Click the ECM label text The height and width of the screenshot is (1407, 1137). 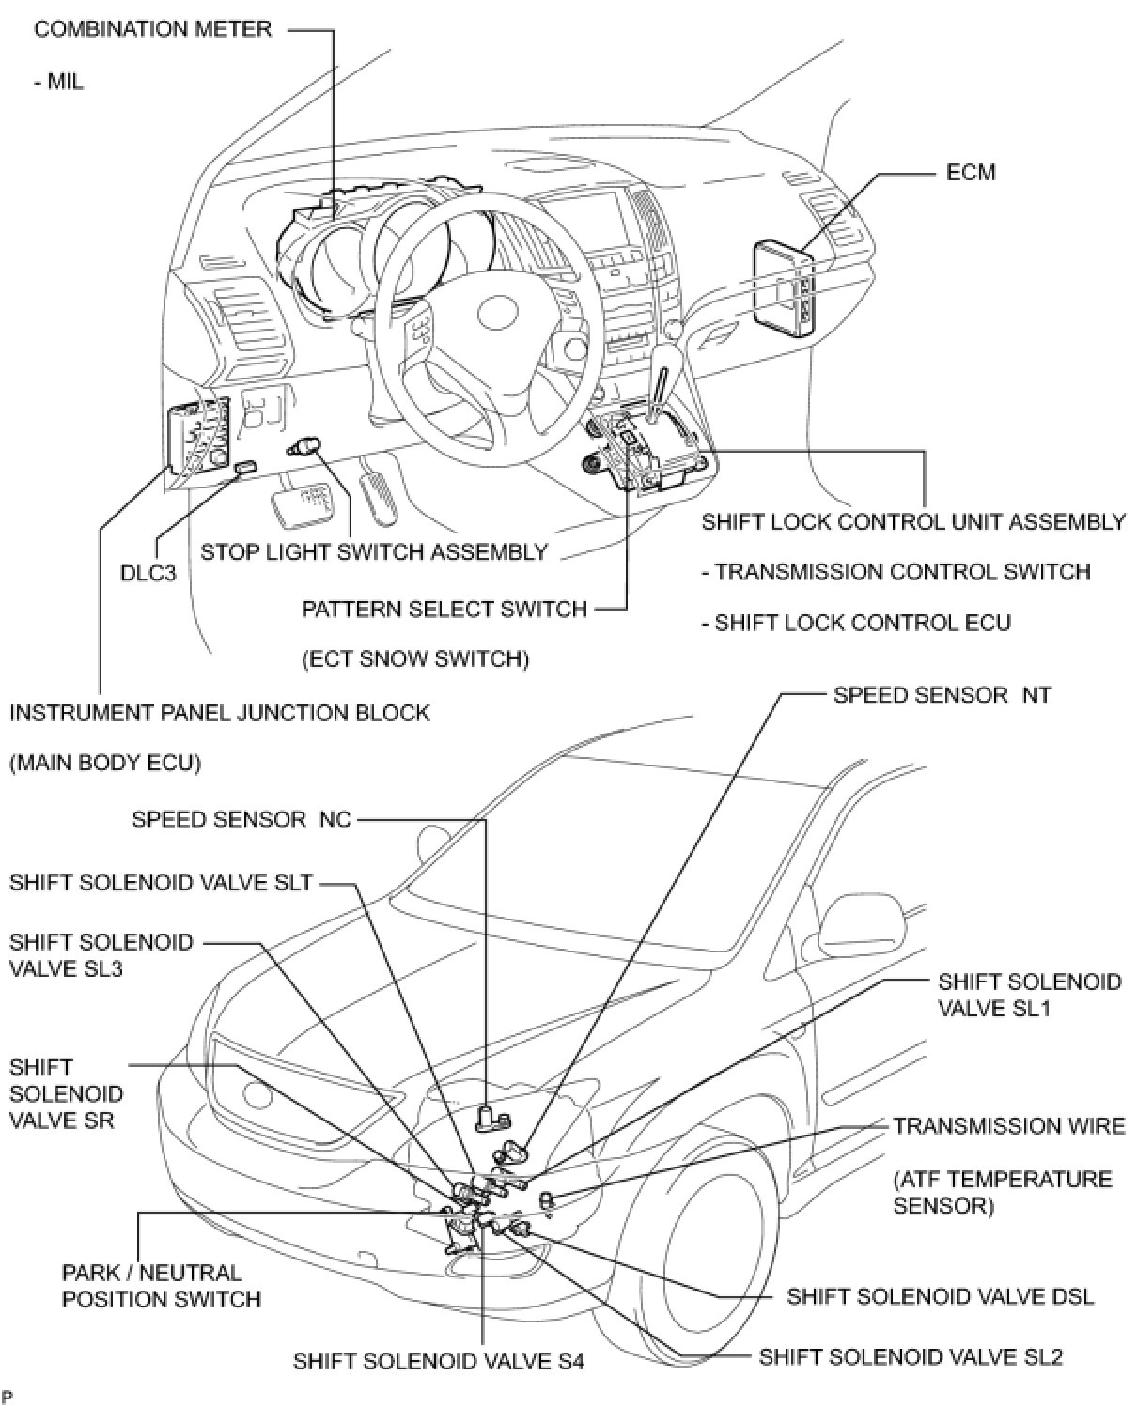tap(971, 173)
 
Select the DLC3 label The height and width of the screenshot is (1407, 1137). tap(148, 572)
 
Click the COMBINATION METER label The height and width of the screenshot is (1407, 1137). tap(152, 29)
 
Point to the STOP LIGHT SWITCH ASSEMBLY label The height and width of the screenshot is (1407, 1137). tap(374, 551)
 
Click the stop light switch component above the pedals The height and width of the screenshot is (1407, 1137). tap(305, 445)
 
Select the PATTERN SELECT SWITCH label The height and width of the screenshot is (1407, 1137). tap(444, 609)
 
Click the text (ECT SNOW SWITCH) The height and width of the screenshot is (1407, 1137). tap(415, 659)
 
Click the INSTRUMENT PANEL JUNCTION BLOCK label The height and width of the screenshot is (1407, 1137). tap(219, 713)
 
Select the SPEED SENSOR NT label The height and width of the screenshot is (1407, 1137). tap(942, 695)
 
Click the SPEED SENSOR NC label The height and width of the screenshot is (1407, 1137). tap(241, 819)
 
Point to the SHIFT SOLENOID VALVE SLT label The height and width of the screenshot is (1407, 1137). tap(161, 883)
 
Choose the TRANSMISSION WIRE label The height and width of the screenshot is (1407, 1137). tap(1008, 1125)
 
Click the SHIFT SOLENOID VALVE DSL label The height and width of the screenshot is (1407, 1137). tap(940, 1296)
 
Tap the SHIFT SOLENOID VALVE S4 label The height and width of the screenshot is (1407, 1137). tap(439, 1361)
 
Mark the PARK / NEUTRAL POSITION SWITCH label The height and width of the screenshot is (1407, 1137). tap(161, 1286)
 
